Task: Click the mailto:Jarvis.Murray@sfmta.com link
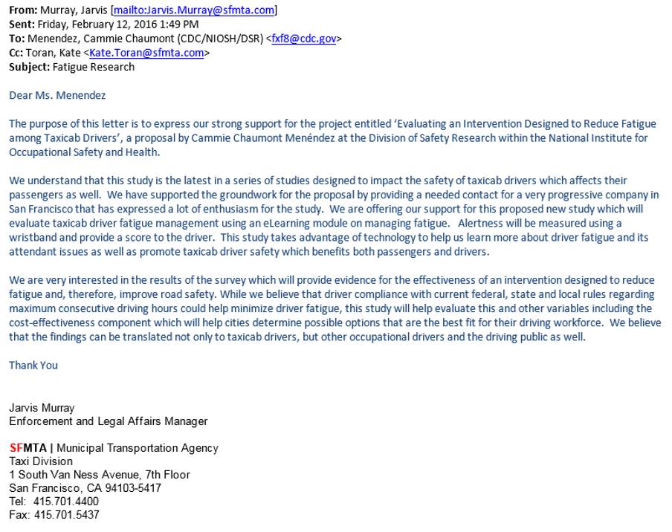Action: (x=193, y=10)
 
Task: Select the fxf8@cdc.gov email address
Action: (x=303, y=39)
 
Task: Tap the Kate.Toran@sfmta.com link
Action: (x=146, y=53)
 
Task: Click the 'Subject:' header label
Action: (x=29, y=67)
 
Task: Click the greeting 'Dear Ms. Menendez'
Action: (x=57, y=95)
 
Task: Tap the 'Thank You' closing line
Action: (x=33, y=365)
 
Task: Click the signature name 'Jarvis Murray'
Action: (x=42, y=408)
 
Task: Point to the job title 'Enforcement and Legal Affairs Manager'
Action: (x=109, y=421)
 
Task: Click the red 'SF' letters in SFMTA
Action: (x=16, y=448)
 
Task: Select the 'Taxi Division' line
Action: (x=41, y=461)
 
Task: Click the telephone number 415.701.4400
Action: (x=65, y=502)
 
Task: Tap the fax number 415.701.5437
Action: (x=66, y=515)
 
